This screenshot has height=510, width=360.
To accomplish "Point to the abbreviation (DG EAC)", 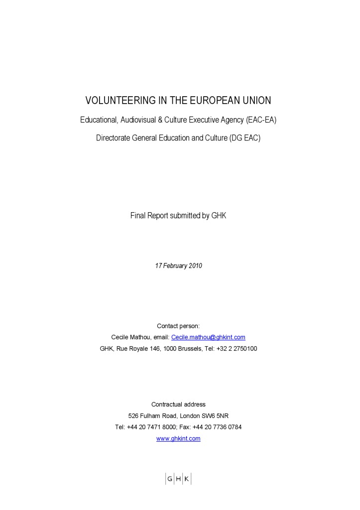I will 245,138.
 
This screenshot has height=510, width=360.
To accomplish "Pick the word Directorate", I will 113,138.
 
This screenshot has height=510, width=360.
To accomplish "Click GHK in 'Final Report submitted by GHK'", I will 219,216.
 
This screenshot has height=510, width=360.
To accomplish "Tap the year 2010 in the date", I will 195,266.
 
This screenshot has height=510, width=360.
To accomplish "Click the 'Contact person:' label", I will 178,326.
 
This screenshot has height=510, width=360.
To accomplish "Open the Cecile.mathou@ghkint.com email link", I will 208,337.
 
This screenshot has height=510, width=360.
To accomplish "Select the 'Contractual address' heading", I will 178,404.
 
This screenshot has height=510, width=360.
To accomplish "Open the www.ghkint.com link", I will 178,439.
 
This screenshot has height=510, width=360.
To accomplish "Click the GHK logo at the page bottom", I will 178,479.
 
